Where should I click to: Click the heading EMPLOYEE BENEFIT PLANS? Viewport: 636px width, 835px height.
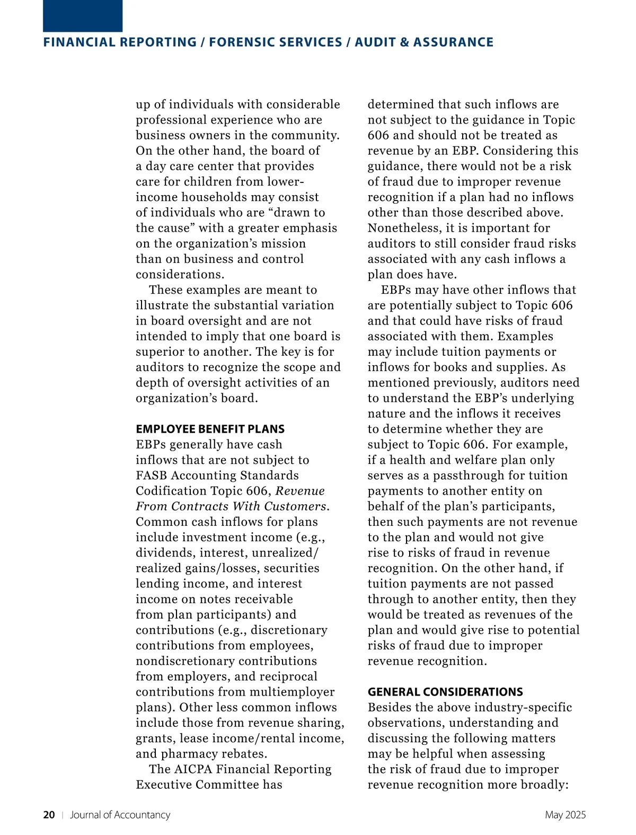coord(210,429)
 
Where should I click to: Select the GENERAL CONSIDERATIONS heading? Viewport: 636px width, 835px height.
coord(445,692)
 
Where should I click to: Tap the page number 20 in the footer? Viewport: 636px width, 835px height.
coord(49,815)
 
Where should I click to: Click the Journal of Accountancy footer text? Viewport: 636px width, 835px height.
coord(120,815)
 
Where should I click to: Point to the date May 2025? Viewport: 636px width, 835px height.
coord(565,815)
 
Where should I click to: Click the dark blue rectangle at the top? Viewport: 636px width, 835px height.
coord(83,16)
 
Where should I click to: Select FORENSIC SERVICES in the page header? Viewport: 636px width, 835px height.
coord(276,42)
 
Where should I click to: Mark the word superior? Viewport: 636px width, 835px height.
coord(159,352)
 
